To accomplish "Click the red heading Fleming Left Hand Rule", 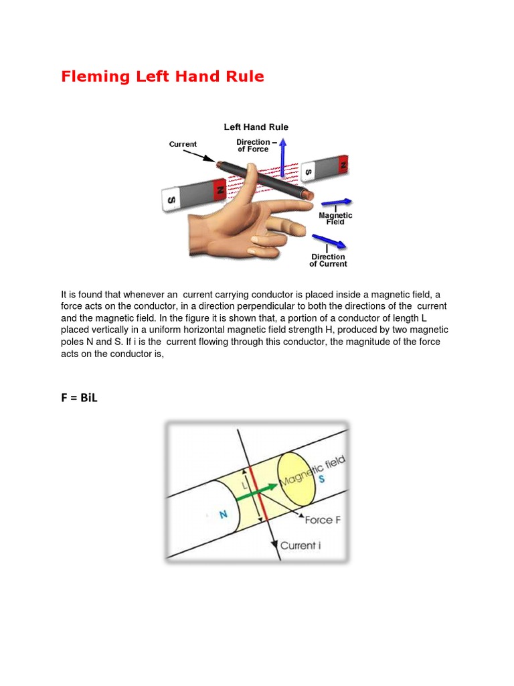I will (x=163, y=76).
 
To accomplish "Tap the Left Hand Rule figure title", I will (x=256, y=127).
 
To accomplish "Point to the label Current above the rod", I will (x=183, y=144).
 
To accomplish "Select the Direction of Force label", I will (x=253, y=145).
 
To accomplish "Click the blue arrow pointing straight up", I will (x=282, y=157).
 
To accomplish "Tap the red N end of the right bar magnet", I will (x=343, y=163).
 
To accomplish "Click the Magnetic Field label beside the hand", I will (x=335, y=218).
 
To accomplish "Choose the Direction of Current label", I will (x=328, y=260).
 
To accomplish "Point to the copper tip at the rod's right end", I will (x=309, y=195).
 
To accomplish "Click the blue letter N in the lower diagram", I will (x=223, y=514).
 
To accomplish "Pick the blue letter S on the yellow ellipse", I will (x=322, y=480).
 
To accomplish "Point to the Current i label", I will (x=301, y=545).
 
